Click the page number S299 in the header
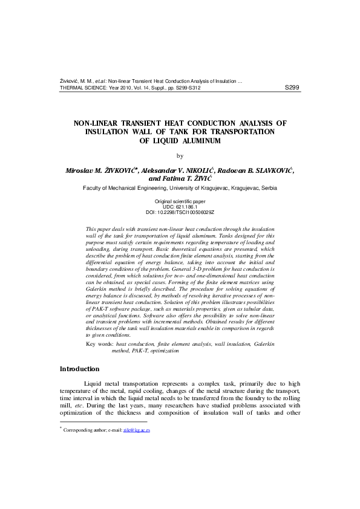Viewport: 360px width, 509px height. pos(291,87)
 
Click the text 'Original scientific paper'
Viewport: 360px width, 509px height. pos(180,201)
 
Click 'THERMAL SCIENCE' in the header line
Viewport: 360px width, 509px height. pos(82,88)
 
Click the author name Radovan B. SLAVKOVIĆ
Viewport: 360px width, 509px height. pos(258,171)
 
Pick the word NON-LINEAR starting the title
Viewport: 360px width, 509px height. pos(97,123)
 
